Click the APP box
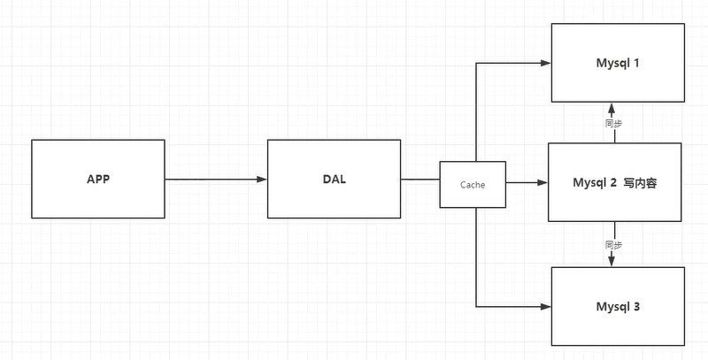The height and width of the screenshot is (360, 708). (x=97, y=180)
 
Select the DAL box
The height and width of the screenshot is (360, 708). (x=334, y=180)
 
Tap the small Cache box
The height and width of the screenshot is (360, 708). (x=473, y=184)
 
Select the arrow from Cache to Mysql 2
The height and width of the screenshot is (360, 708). (x=527, y=183)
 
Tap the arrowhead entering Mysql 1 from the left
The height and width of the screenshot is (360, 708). (x=545, y=63)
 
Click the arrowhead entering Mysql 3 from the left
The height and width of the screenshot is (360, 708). (x=545, y=306)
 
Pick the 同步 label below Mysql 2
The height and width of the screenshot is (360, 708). (x=611, y=243)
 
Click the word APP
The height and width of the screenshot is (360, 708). (x=97, y=180)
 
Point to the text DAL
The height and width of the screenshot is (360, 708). (x=334, y=180)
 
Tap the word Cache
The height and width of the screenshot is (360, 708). (x=473, y=184)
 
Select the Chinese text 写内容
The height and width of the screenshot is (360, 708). (x=639, y=183)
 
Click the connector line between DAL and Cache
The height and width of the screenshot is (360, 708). (x=420, y=180)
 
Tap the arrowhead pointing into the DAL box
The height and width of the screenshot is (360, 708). (x=262, y=180)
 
